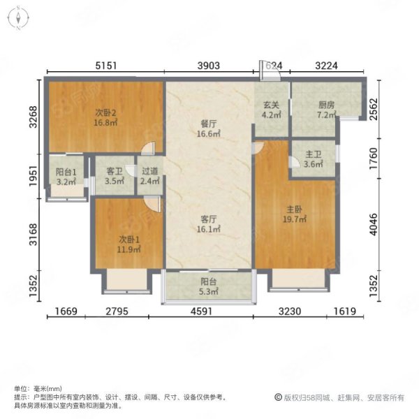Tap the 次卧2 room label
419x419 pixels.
point(105,112)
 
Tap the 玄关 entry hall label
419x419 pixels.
point(271,105)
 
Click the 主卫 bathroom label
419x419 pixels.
point(314,155)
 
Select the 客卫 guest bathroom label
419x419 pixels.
point(114,170)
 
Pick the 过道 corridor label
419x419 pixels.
point(149,170)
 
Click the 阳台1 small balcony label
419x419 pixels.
point(65,170)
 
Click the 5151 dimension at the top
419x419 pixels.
point(105,66)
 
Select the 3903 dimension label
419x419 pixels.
point(209,66)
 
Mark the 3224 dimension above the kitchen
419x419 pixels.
point(326,66)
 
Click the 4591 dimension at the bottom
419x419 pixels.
point(207,313)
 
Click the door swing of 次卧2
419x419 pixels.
point(147,148)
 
